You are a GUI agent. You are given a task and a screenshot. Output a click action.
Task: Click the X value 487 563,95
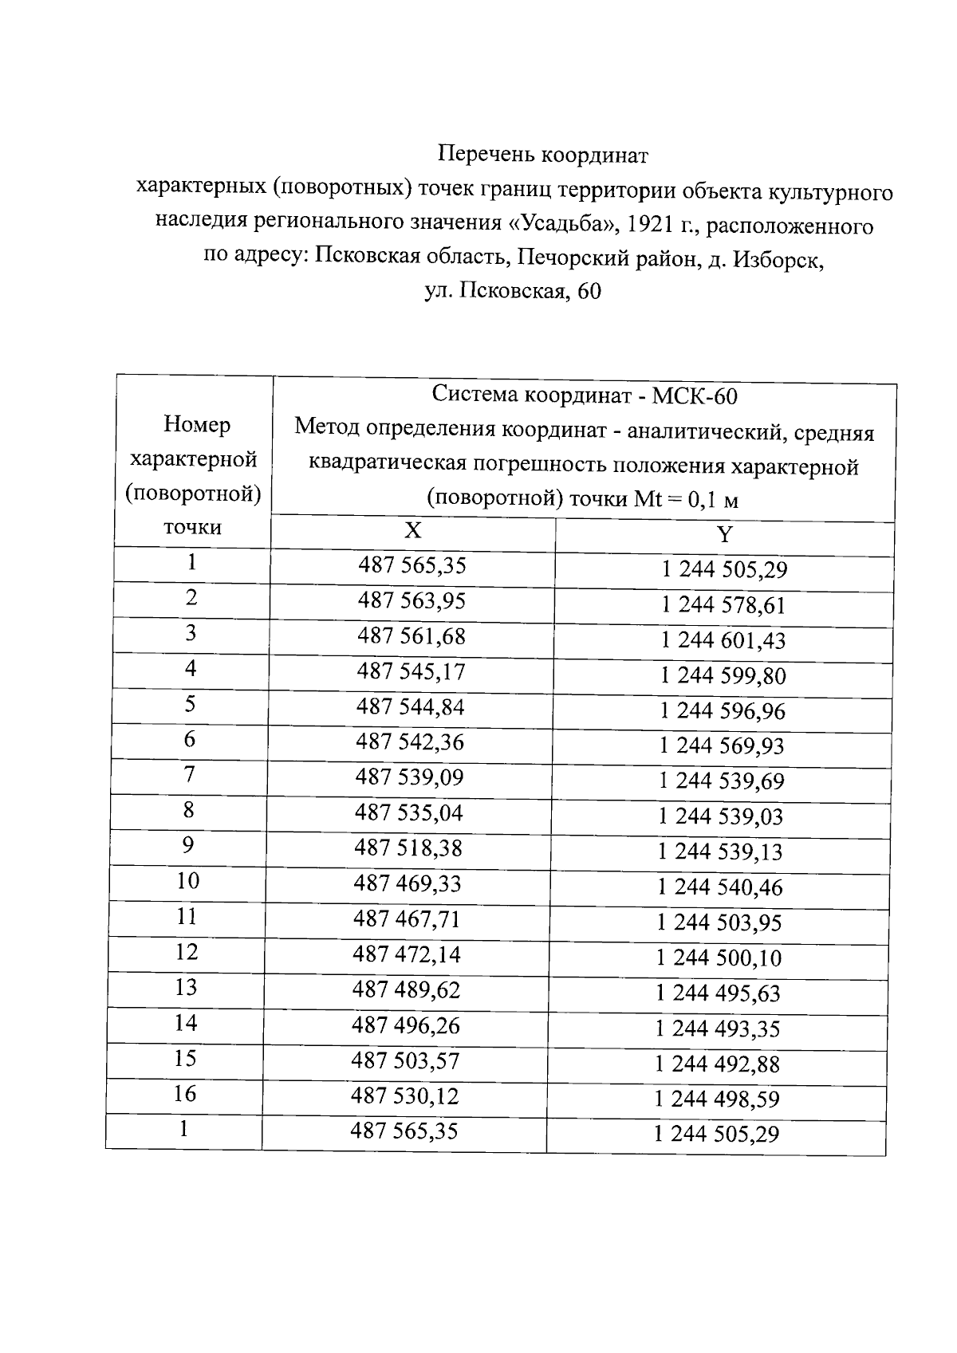(412, 600)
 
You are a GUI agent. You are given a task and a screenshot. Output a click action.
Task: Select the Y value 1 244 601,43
(723, 640)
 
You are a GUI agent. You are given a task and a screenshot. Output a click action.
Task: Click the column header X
(413, 532)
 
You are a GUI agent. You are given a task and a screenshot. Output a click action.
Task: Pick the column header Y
(724, 535)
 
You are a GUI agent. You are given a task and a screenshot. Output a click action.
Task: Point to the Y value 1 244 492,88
(717, 1064)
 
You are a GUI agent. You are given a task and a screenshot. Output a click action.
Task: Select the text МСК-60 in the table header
(695, 395)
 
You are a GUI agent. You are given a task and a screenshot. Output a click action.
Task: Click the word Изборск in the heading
(778, 259)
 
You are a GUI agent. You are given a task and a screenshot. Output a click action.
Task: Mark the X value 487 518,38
(408, 848)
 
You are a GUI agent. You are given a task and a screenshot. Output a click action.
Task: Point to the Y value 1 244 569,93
(722, 745)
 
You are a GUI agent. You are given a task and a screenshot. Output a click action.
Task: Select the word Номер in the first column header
(196, 424)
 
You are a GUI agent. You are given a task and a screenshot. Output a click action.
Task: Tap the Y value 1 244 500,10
(719, 958)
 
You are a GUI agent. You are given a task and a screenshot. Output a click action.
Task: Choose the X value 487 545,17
(411, 671)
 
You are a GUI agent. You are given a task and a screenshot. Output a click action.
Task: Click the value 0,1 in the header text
(702, 500)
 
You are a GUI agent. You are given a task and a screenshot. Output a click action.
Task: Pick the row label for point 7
(189, 774)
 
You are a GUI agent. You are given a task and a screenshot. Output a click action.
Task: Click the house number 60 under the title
(589, 292)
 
